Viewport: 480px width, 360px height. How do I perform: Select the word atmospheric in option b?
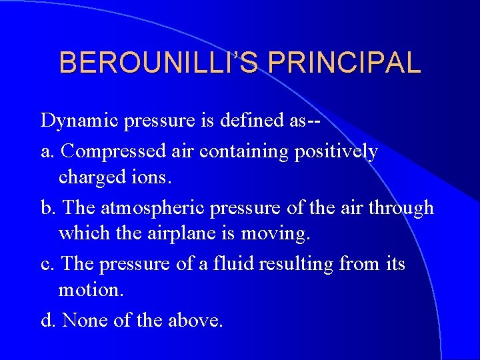click(x=152, y=208)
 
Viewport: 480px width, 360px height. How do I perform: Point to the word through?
click(x=401, y=209)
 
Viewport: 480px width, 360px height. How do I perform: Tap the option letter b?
click(x=47, y=208)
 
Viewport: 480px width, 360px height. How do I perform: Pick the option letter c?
click(x=46, y=265)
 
